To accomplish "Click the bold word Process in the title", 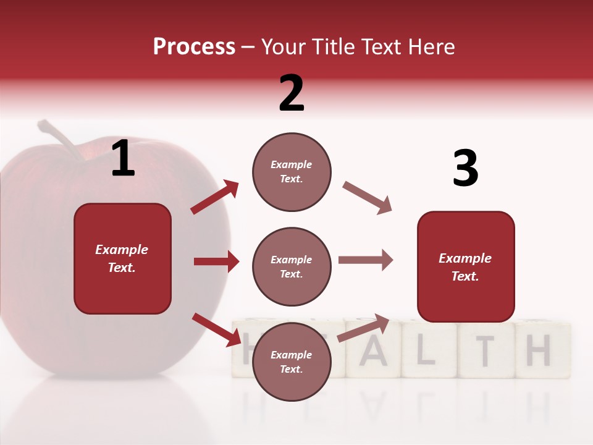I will click(194, 47).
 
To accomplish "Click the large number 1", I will click(123, 159).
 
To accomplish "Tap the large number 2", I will click(292, 93).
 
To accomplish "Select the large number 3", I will click(465, 169).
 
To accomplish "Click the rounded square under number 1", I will click(122, 258).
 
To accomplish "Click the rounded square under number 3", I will click(466, 266).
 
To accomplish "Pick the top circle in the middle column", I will click(292, 171).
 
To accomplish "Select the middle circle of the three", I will click(292, 266).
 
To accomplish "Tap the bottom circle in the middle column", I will click(292, 362).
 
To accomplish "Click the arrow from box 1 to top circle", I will click(214, 197).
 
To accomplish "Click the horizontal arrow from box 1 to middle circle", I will click(216, 261).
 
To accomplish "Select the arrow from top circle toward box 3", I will click(368, 198).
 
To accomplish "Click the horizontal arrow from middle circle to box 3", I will click(366, 260).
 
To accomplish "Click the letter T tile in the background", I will click(486, 350).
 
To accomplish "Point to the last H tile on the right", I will click(541, 350).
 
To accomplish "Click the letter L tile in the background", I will click(429, 350).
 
